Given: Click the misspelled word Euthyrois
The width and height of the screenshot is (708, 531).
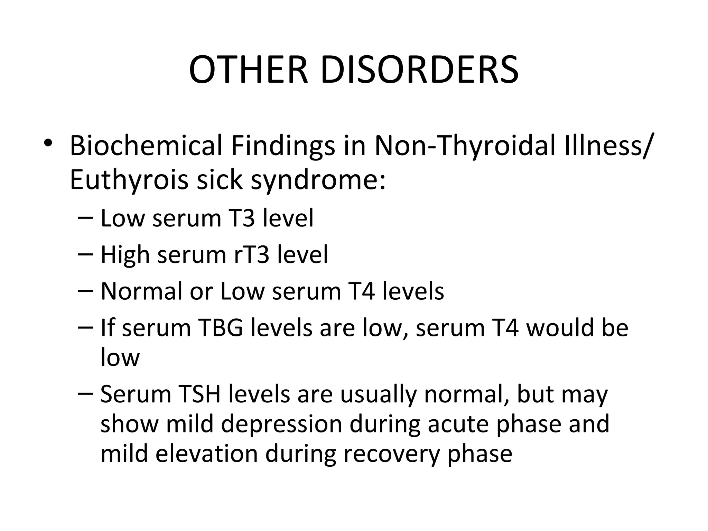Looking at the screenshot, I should (129, 180).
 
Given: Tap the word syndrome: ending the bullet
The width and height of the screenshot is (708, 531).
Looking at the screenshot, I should (318, 180).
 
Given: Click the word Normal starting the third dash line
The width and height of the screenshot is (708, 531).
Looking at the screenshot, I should (141, 291).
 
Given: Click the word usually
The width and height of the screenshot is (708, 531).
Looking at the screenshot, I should (378, 394).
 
